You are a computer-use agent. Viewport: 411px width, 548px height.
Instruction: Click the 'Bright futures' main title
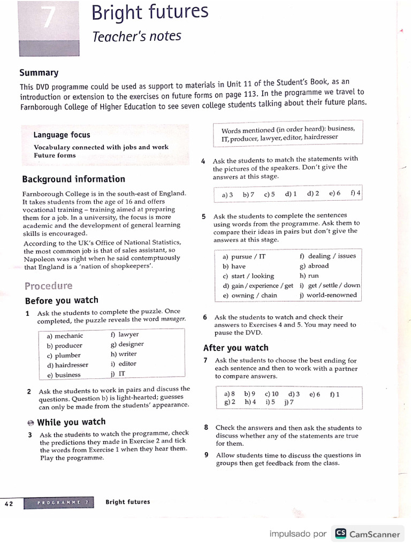(x=150, y=13)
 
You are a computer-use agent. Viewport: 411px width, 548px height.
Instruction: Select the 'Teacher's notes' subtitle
(x=137, y=36)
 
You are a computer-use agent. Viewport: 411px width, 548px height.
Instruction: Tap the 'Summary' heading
(x=39, y=73)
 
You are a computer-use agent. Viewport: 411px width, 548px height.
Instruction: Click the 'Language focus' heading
(x=62, y=135)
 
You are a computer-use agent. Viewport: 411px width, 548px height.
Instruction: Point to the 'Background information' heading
(x=73, y=179)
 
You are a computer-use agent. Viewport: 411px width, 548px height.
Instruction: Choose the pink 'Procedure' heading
(x=48, y=286)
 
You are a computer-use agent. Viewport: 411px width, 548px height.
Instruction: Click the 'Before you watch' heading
(x=62, y=300)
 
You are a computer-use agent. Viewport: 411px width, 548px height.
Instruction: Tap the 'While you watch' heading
(x=71, y=422)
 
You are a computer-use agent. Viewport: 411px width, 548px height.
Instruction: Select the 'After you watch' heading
(x=235, y=348)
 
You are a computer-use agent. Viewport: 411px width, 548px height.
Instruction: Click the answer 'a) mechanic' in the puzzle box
(x=65, y=336)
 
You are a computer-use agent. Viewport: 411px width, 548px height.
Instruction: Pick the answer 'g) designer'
(x=127, y=344)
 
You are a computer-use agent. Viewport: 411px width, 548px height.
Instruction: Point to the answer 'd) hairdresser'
(x=67, y=365)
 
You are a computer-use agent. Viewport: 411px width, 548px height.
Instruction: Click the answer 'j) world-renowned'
(x=328, y=295)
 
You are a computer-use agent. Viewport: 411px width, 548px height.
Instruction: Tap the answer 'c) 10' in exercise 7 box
(x=271, y=394)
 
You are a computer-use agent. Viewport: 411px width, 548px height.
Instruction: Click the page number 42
(x=9, y=504)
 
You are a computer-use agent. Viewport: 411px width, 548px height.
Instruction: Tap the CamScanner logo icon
(x=340, y=534)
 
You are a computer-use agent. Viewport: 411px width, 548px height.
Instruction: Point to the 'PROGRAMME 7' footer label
(x=65, y=503)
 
